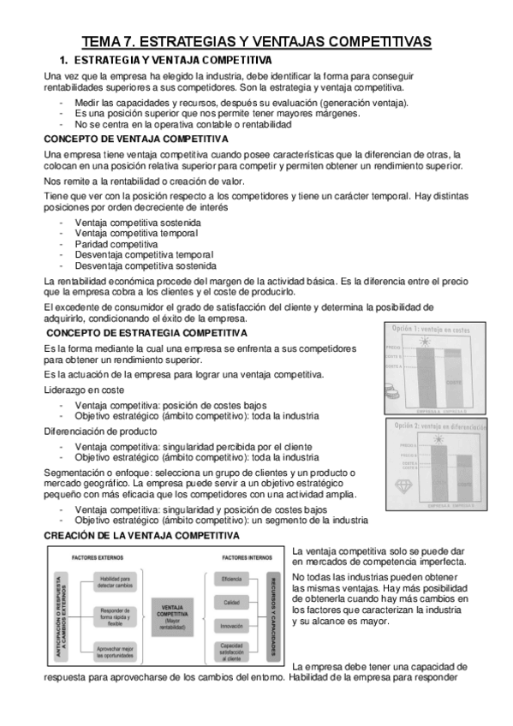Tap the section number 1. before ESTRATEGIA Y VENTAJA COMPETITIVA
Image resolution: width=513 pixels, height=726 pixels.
[x=62, y=61]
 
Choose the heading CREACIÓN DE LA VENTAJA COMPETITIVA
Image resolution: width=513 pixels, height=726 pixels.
[x=141, y=535]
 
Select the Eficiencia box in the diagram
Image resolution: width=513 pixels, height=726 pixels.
[x=231, y=580]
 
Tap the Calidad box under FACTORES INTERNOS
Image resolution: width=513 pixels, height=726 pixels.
[x=231, y=603]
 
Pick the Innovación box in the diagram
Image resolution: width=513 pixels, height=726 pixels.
[x=231, y=626]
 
